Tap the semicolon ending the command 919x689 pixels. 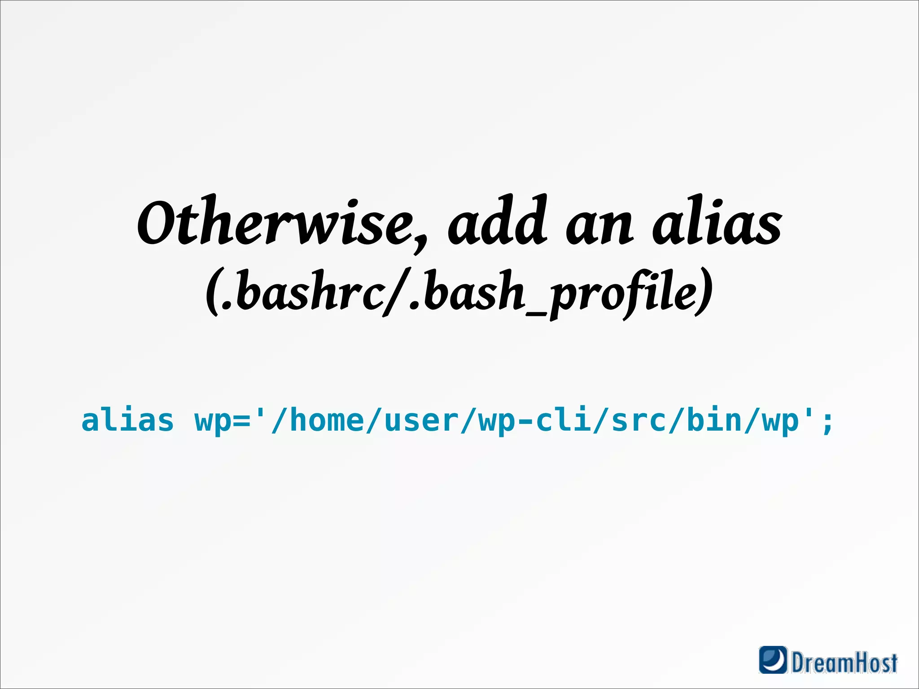point(827,423)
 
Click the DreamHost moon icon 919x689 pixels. point(773,659)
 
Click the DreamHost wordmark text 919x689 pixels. point(844,662)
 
